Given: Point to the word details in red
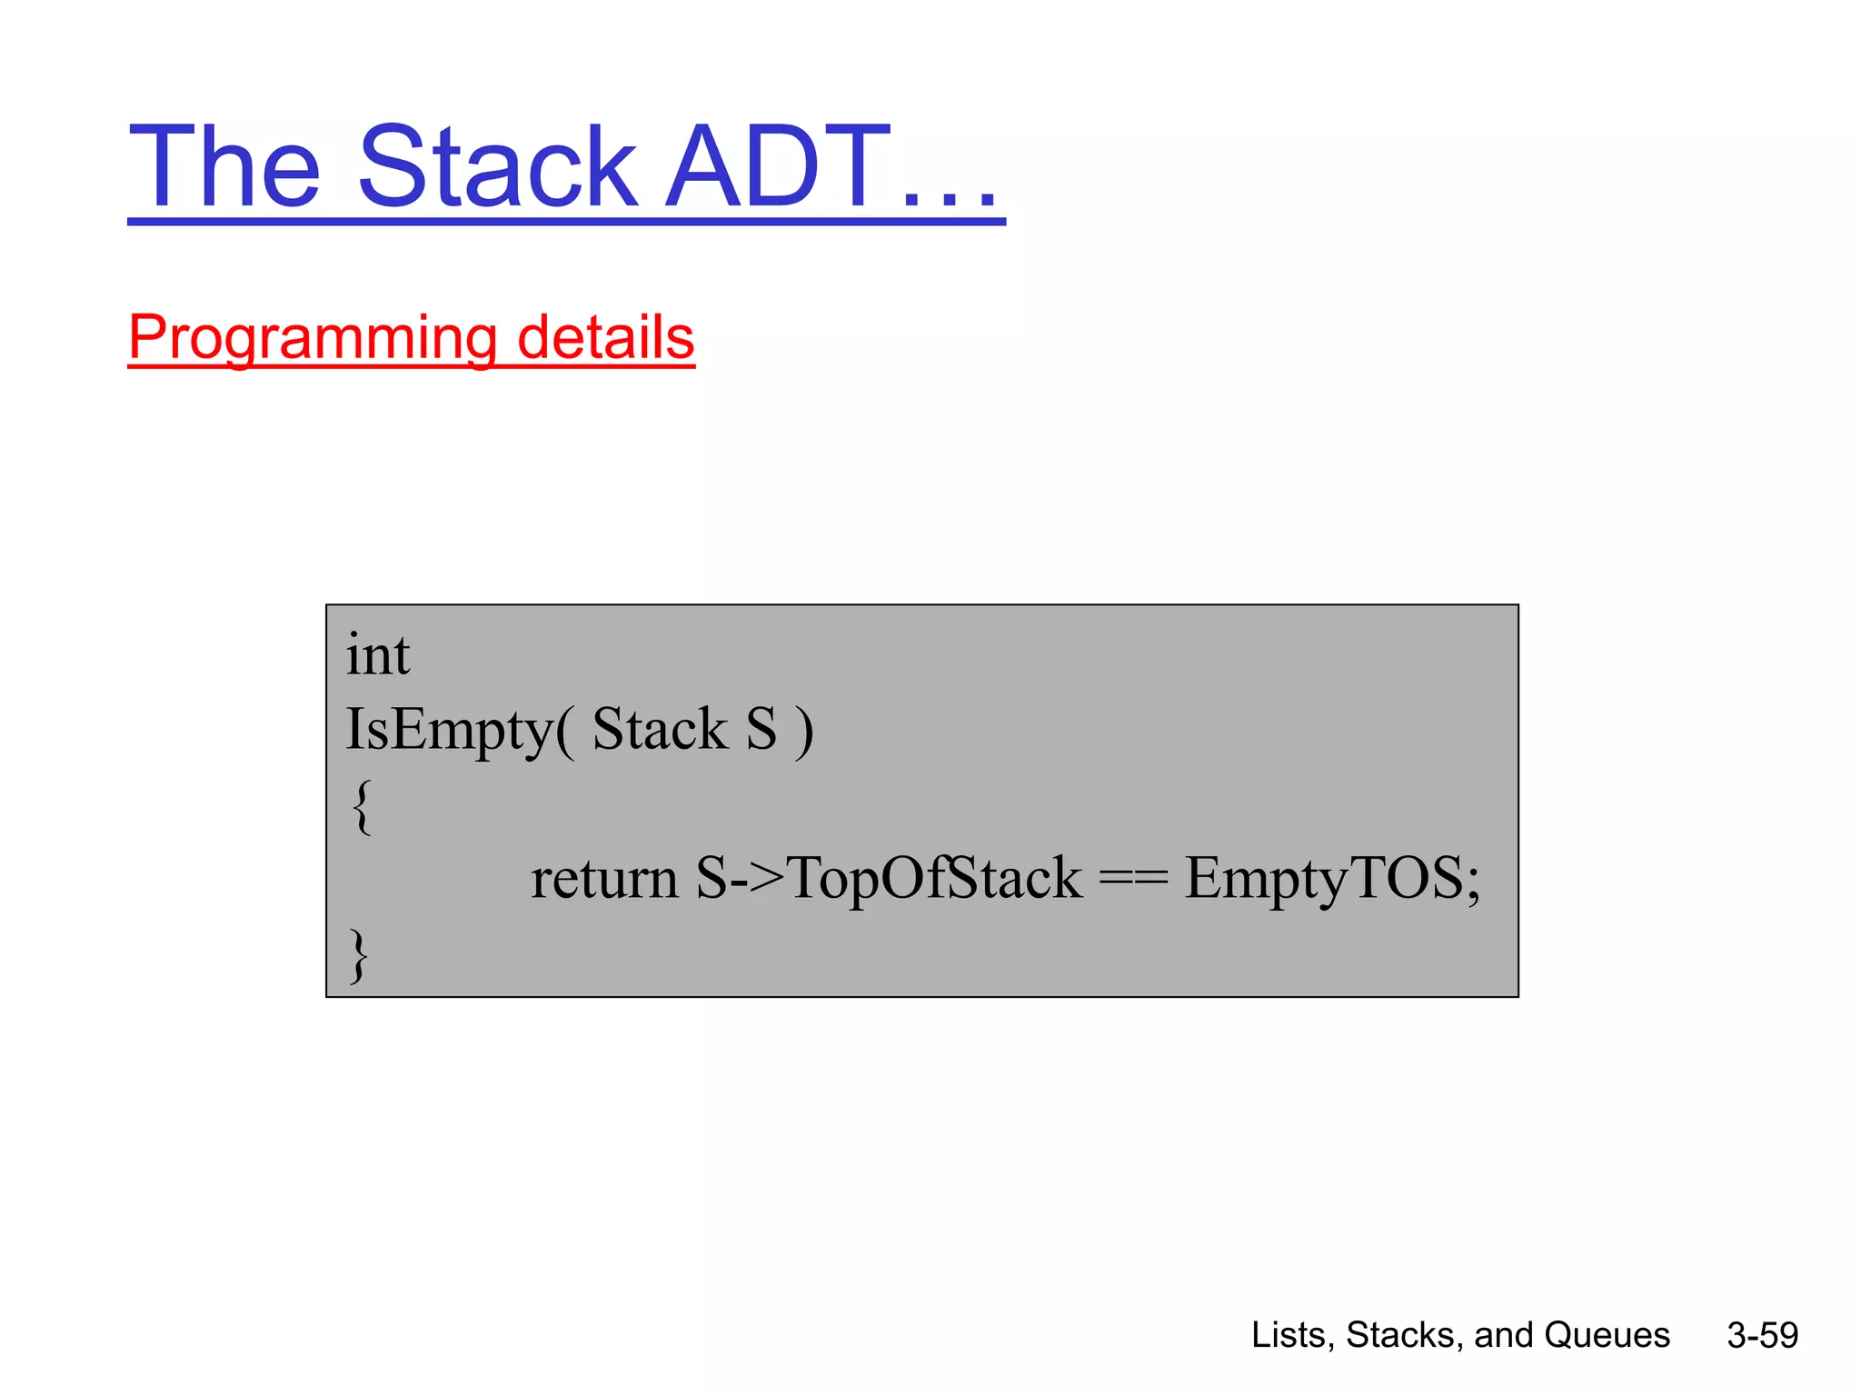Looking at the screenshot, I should [x=605, y=336].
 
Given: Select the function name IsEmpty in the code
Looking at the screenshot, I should [x=450, y=730].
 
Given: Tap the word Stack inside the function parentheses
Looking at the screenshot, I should [x=660, y=729].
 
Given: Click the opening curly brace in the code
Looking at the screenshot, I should [x=361, y=806].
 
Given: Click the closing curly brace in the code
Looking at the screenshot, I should [x=360, y=955].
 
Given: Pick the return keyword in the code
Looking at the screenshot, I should [x=604, y=879].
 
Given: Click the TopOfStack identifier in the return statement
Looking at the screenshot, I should [x=936, y=879].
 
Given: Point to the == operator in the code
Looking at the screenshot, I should [x=1133, y=879].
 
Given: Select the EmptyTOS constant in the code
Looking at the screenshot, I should [x=1322, y=879].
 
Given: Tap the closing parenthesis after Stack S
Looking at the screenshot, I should [x=803, y=731].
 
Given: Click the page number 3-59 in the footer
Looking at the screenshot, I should [x=1762, y=1335].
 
